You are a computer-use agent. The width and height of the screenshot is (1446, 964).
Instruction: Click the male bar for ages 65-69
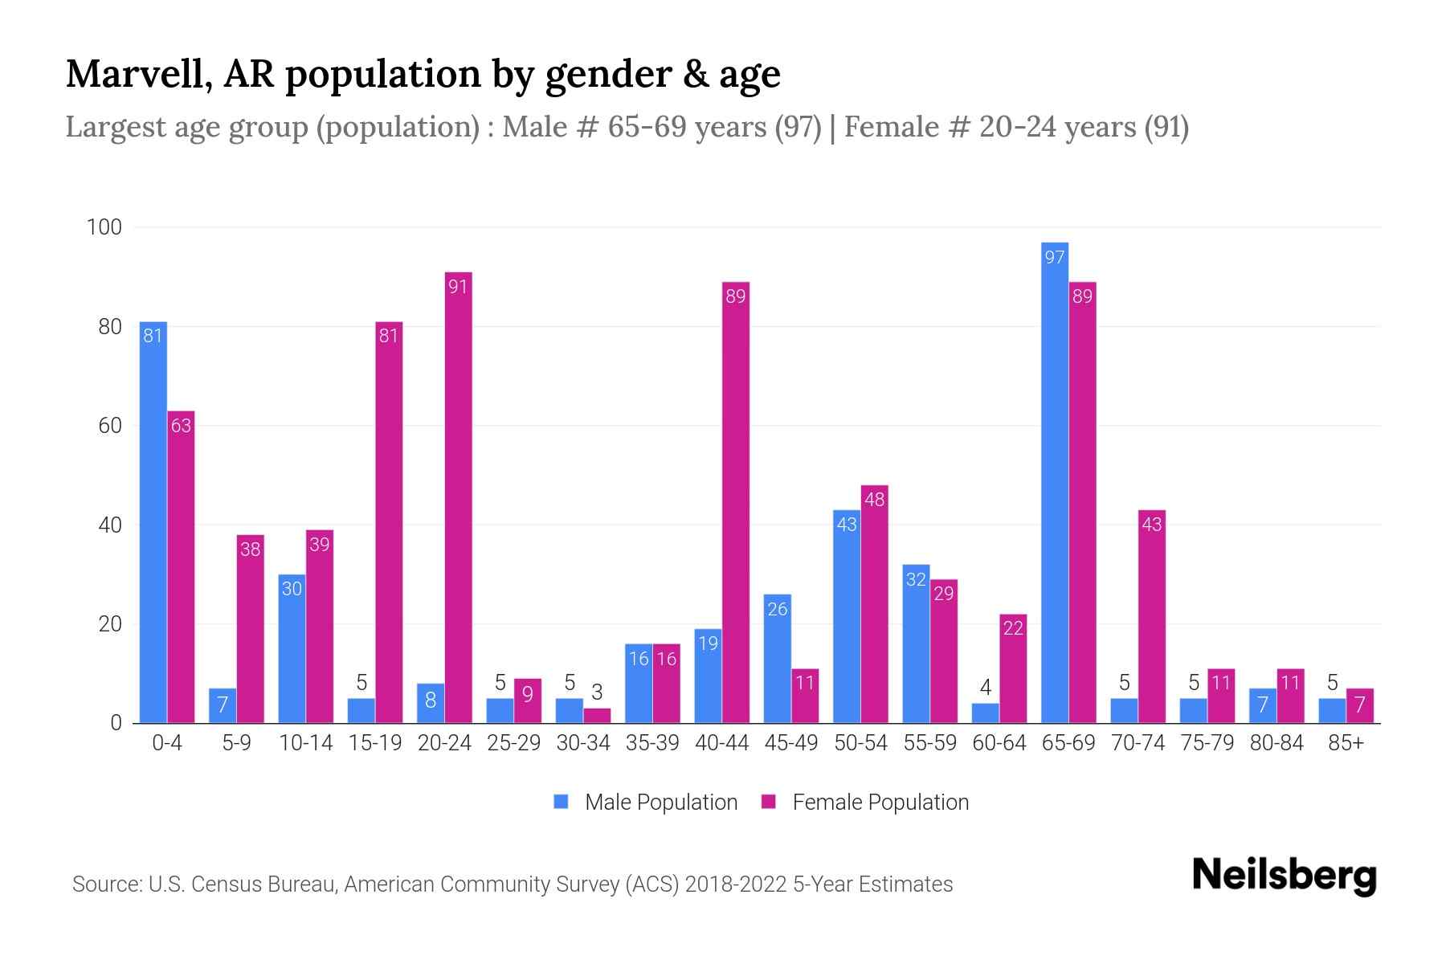[x=1054, y=482]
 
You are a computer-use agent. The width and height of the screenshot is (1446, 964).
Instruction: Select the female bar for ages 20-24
[x=458, y=498]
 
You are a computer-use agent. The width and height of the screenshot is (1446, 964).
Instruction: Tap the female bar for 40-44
[x=735, y=502]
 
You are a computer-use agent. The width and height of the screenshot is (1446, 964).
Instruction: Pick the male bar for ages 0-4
[x=153, y=522]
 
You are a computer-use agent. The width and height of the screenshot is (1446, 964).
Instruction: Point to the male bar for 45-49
[x=777, y=659]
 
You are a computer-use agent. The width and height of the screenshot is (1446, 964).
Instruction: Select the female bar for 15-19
[x=389, y=522]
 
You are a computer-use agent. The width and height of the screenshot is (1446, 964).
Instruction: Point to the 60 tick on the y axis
[x=110, y=426]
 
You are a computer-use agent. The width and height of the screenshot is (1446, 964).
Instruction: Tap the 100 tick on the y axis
[x=104, y=227]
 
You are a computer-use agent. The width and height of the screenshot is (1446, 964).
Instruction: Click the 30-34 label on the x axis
[x=583, y=743]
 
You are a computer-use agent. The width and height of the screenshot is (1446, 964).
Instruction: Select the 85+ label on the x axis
[x=1346, y=743]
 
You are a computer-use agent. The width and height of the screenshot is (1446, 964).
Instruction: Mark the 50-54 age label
[x=860, y=743]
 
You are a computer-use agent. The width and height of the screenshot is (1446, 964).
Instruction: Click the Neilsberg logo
[x=1284, y=876]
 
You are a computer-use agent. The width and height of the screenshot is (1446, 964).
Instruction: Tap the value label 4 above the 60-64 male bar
[x=985, y=688]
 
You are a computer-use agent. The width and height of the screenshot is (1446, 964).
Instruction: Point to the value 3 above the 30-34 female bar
[x=597, y=692]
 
